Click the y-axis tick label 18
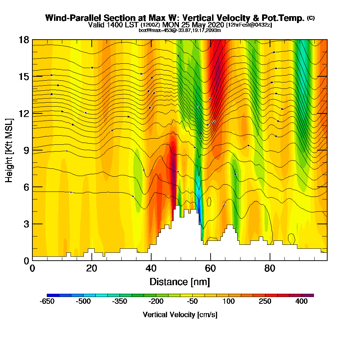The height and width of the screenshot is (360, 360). coord(24,40)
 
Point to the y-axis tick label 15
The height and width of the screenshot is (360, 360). coord(24,76)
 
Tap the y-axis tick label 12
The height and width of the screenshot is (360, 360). coord(24,113)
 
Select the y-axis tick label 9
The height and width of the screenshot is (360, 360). coord(26,150)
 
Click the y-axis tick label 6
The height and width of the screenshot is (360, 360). coord(26,186)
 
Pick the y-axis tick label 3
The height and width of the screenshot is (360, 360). coord(26,224)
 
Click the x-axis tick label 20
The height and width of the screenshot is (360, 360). coord(92,268)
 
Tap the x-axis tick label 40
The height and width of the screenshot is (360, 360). coord(151,268)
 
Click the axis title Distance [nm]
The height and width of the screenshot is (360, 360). coord(180,281)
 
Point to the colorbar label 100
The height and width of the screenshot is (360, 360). coord(229,302)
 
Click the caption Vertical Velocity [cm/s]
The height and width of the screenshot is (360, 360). coord(180,315)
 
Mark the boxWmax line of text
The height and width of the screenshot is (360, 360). coord(180,30)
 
